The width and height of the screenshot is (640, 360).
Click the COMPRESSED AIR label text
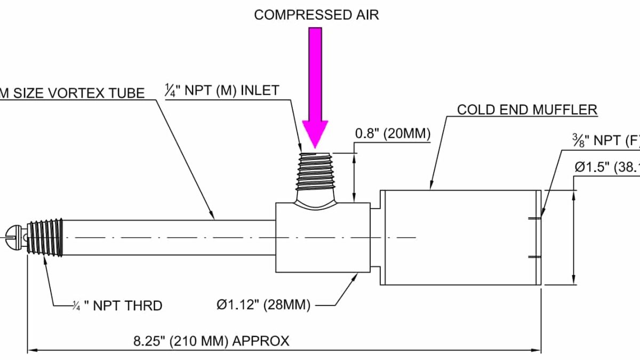316,15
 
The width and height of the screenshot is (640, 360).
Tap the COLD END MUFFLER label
527,110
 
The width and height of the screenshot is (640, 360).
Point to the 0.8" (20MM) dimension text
393,133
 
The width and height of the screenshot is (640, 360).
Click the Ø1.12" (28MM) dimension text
263,305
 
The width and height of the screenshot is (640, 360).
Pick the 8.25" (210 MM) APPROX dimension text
211,341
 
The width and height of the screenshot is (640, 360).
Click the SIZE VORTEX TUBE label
72,93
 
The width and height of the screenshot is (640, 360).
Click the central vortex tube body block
323,237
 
